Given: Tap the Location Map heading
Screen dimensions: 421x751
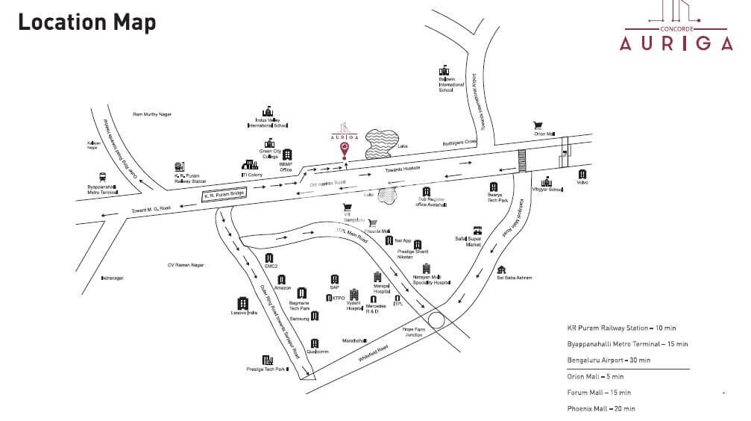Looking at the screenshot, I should (x=87, y=22).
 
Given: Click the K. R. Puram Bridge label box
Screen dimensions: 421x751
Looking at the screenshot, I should (x=224, y=196).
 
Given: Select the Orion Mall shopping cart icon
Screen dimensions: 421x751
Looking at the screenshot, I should (x=537, y=125).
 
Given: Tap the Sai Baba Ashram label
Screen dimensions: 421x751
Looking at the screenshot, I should (x=514, y=278).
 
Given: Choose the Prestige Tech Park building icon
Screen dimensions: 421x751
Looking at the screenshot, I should (x=267, y=360).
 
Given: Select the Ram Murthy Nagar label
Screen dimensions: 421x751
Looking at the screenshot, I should (x=152, y=114).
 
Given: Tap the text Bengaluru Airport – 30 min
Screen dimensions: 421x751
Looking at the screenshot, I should (x=609, y=360).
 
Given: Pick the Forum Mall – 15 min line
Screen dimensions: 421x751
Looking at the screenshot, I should (x=599, y=393).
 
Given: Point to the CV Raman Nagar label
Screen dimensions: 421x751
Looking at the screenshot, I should (x=186, y=265).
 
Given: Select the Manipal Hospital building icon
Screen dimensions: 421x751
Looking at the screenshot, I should (x=377, y=277).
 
